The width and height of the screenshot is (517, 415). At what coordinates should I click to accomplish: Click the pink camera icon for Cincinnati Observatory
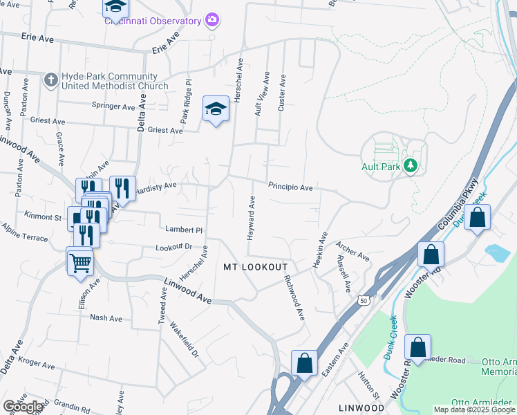click(x=212, y=20)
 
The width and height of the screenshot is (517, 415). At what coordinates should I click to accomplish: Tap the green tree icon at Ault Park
click(x=411, y=165)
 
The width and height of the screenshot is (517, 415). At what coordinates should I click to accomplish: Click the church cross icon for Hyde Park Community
click(x=50, y=80)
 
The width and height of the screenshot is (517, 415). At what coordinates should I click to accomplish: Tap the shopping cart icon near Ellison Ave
click(x=80, y=261)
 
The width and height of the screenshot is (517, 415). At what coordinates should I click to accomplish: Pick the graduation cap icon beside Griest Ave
click(x=216, y=109)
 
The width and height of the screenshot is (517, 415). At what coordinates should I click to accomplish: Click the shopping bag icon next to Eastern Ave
click(x=304, y=362)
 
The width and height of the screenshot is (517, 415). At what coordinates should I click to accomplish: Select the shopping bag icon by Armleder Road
click(x=418, y=347)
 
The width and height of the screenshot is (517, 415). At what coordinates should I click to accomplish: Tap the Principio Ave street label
click(x=290, y=187)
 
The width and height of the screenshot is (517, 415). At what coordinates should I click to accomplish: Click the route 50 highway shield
click(x=364, y=300)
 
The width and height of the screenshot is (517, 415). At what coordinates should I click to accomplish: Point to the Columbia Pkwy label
click(x=458, y=205)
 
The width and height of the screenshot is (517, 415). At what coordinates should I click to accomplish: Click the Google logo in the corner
click(x=22, y=406)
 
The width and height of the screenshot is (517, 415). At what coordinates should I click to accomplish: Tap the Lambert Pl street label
click(x=183, y=229)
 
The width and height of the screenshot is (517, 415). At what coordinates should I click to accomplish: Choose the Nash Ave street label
click(x=106, y=318)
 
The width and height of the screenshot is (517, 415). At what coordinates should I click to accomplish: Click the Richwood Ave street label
click(x=294, y=298)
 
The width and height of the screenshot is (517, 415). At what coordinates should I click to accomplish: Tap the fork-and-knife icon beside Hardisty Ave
click(x=122, y=187)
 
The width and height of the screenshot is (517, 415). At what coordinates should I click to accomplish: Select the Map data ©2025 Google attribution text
click(x=474, y=409)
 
